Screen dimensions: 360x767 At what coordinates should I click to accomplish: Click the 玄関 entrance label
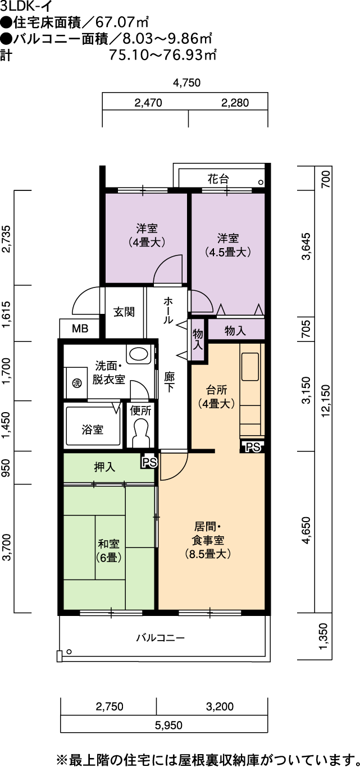(x=124, y=312)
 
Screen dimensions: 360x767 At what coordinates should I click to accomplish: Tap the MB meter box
(x=80, y=328)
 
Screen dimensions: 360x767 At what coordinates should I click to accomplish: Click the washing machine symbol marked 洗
(x=77, y=383)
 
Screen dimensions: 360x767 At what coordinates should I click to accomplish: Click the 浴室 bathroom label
(x=93, y=430)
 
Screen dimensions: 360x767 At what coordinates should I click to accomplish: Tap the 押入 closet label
(x=104, y=467)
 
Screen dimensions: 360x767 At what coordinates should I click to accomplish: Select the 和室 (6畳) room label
(x=108, y=551)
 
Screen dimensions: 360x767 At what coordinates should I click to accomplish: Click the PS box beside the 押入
(x=149, y=462)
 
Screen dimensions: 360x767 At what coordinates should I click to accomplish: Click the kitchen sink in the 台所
(x=250, y=367)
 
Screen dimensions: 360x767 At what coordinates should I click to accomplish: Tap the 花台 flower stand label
(x=218, y=179)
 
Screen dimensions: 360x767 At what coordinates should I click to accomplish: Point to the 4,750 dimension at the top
(x=186, y=83)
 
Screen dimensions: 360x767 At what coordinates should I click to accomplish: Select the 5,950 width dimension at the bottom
(x=168, y=725)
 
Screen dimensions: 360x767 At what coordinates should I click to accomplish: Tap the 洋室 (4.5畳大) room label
(x=228, y=245)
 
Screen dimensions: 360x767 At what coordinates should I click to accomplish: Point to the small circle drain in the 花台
(x=261, y=182)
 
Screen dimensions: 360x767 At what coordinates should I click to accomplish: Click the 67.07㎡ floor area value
(x=122, y=22)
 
